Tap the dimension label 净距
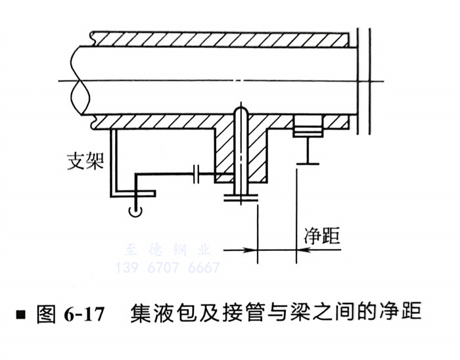tap(322, 235)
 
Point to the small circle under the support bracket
tap(135, 210)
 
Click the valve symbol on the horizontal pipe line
tap(198, 175)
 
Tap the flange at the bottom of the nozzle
tap(242, 198)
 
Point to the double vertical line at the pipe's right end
tap(362, 79)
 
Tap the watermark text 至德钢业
tap(167, 250)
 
